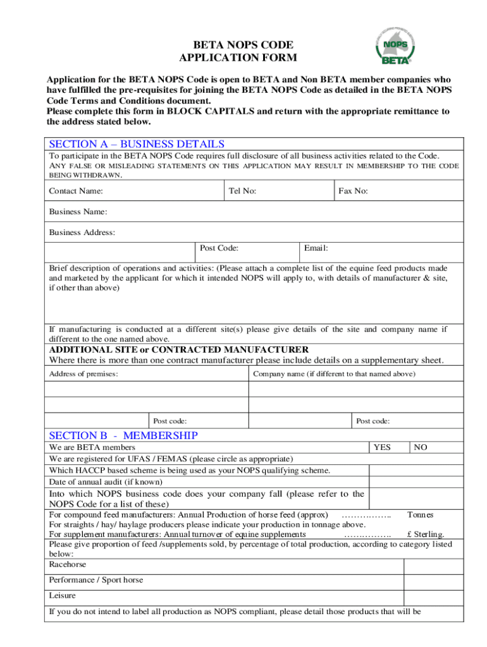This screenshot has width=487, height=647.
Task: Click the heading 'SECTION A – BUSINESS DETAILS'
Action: coord(137,144)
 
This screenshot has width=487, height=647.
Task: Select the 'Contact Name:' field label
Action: coord(76,191)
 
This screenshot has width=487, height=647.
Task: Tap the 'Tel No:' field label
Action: coord(243,191)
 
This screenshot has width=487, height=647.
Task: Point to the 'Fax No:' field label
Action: coord(353,191)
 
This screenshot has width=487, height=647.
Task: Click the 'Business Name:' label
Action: coord(78,212)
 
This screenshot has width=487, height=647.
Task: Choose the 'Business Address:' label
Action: coord(82,233)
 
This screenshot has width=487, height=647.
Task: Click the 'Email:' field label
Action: coord(316,249)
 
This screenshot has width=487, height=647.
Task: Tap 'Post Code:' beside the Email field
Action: coord(219,249)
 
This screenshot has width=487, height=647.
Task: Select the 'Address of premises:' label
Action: coord(83,374)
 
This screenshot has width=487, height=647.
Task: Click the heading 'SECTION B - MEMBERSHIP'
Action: coord(123,435)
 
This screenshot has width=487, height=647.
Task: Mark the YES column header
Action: coord(382,447)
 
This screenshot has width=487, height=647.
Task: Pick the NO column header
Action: coord(421,447)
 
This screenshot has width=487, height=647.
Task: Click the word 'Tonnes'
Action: coord(420,515)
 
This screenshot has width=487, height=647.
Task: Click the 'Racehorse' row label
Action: coord(68,564)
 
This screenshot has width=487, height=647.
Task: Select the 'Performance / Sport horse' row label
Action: coord(96,580)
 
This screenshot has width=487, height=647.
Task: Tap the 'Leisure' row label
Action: coord(62,596)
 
